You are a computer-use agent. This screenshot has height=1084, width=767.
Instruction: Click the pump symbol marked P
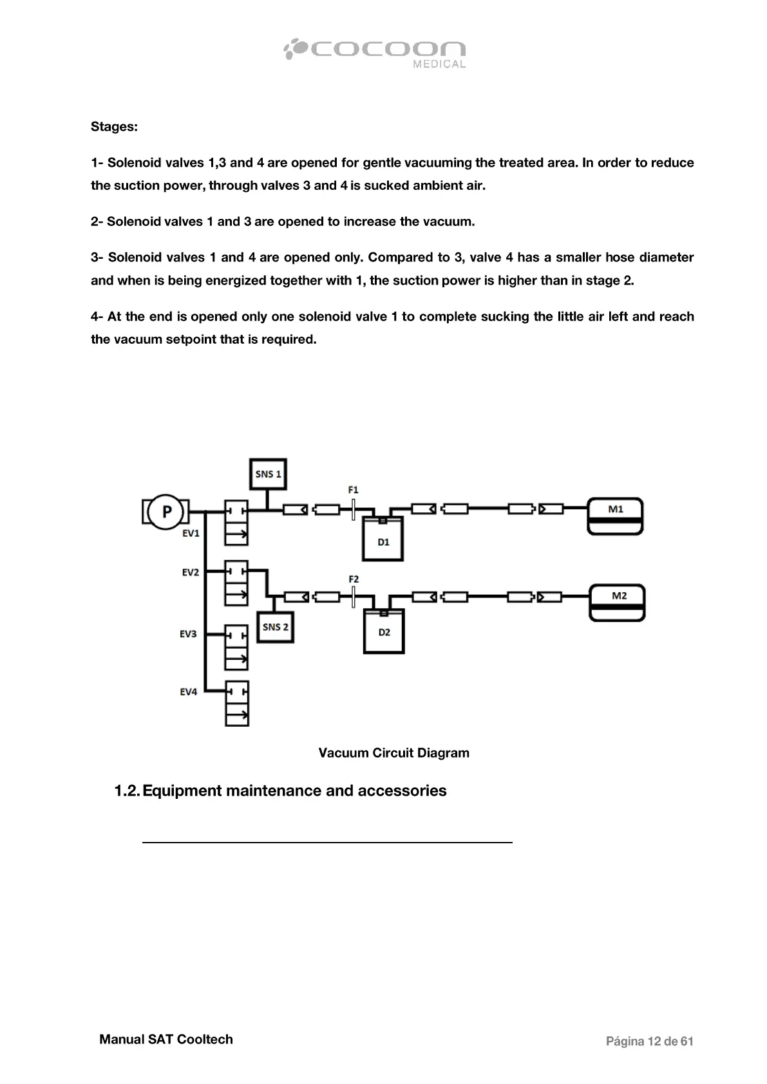click(166, 512)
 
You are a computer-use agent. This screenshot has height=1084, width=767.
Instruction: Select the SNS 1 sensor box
click(268, 475)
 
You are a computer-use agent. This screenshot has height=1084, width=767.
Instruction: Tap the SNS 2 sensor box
click(276, 627)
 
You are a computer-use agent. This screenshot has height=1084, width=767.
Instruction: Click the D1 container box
click(383, 539)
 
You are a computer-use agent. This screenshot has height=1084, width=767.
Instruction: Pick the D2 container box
click(384, 631)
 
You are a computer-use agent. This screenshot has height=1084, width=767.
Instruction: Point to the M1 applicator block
click(616, 516)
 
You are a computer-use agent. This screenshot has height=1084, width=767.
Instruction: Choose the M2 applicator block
click(618, 603)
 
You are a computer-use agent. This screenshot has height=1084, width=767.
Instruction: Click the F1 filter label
click(353, 490)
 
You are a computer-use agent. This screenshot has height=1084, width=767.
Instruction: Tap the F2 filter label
click(354, 579)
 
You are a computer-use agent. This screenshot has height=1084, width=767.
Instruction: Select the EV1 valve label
click(191, 533)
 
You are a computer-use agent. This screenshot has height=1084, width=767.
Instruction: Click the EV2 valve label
click(190, 572)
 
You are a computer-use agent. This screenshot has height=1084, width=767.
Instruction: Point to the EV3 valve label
click(188, 634)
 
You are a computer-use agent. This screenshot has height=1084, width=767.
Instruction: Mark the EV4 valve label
click(188, 692)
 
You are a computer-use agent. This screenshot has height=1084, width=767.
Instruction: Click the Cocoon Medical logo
click(375, 52)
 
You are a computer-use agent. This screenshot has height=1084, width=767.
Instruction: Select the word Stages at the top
click(114, 127)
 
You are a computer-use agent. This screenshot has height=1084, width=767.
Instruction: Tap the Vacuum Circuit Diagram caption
click(393, 753)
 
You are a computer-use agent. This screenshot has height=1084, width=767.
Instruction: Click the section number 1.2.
click(126, 791)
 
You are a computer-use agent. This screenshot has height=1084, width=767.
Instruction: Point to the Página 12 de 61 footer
click(649, 1042)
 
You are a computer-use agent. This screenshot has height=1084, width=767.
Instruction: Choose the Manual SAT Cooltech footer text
click(166, 1040)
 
